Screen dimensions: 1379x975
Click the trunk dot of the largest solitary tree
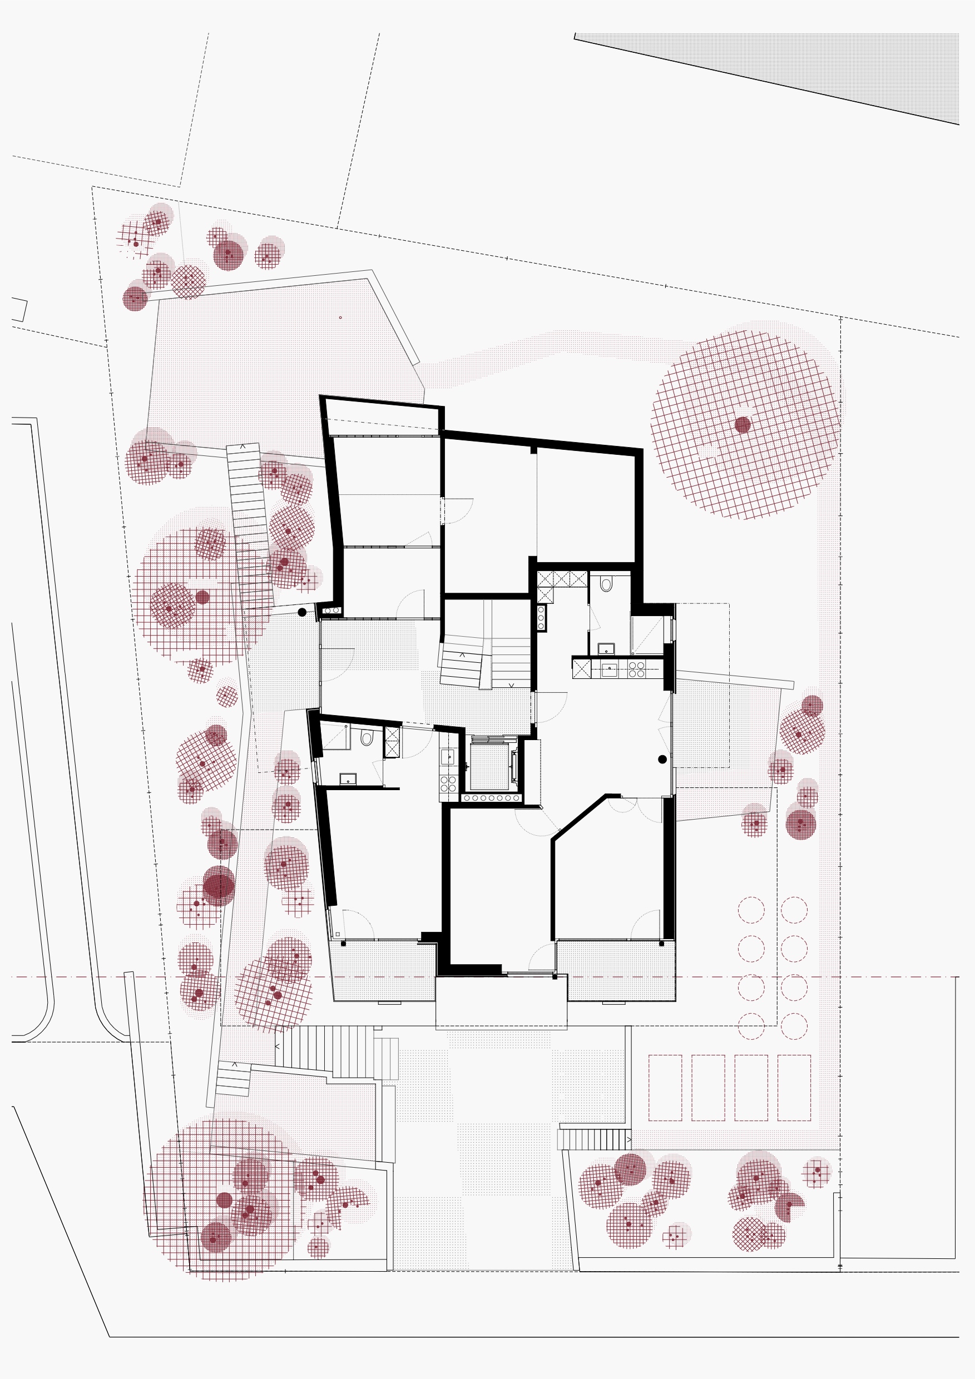click(743, 425)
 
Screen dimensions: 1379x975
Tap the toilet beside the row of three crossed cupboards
click(606, 584)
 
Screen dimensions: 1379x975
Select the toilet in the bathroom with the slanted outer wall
click(367, 738)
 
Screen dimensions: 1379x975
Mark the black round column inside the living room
click(662, 759)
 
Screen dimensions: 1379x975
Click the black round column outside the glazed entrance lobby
click(302, 613)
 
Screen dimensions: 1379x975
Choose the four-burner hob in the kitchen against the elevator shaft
click(448, 785)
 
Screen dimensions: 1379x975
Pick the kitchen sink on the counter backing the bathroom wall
click(609, 669)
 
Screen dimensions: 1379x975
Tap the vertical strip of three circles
click(541, 617)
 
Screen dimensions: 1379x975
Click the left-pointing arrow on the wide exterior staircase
click(278, 1046)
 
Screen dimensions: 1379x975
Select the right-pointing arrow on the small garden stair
click(629, 1139)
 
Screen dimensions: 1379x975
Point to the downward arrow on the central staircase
click(512, 684)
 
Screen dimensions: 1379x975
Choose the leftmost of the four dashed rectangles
click(665, 1088)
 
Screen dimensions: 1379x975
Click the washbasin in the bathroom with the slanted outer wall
click(348, 779)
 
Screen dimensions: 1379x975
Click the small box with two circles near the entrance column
click(331, 611)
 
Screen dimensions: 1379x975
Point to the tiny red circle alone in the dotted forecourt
click(340, 317)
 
